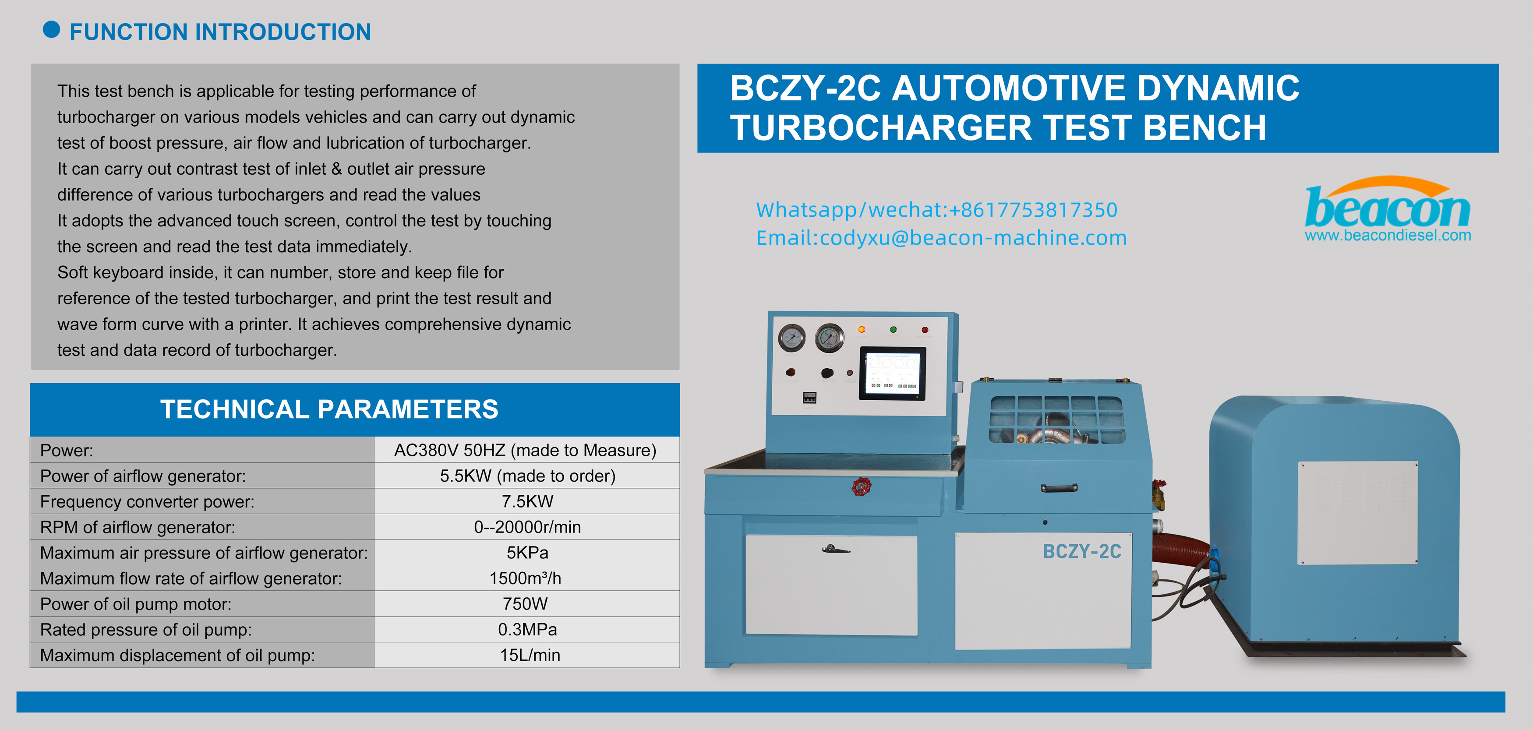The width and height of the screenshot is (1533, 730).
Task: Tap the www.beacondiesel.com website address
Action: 1387,236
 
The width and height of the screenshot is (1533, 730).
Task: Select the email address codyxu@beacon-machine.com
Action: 972,238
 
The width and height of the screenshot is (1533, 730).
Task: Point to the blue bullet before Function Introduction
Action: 52,30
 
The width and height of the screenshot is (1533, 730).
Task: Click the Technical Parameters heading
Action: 329,409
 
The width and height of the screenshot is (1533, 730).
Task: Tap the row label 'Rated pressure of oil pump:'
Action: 146,629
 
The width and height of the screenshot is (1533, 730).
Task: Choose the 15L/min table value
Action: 530,655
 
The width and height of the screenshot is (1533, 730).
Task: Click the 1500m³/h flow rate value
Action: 525,578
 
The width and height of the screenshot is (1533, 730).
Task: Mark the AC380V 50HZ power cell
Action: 525,450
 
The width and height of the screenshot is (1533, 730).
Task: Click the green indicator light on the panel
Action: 893,329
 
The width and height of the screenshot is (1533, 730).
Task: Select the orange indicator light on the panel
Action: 861,329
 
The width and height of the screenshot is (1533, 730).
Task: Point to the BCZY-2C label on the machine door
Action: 1081,551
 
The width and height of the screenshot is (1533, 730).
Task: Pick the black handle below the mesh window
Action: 1059,488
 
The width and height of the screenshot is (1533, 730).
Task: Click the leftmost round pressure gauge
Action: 791,338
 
